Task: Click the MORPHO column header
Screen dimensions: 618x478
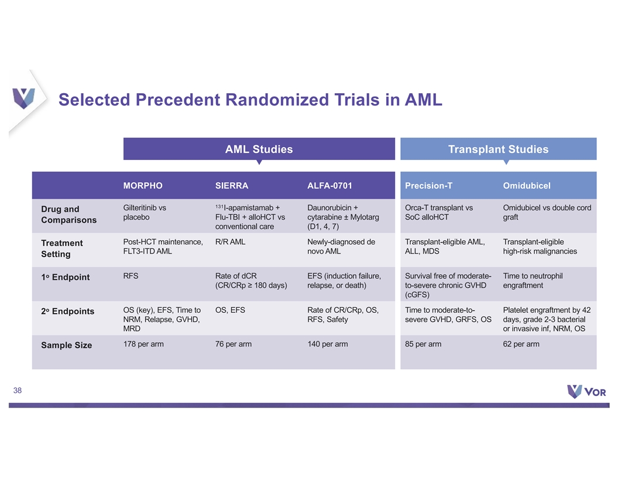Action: click(x=143, y=186)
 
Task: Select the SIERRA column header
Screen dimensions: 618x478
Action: click(x=232, y=186)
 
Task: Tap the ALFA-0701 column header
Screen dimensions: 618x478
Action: click(x=329, y=186)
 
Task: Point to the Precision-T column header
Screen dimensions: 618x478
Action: click(x=428, y=186)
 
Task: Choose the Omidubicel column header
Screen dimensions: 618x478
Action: click(x=527, y=186)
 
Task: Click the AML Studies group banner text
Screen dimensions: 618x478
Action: click(x=259, y=149)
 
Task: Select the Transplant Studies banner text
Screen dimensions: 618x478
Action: click(x=498, y=149)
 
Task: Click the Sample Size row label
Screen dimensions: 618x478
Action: click(x=67, y=345)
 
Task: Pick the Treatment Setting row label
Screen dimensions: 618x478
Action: click(x=62, y=248)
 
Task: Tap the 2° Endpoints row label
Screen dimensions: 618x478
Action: click(x=68, y=311)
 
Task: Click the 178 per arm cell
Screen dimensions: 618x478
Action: click(x=143, y=344)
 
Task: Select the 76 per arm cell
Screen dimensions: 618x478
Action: click(x=234, y=344)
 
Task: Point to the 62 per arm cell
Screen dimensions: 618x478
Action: click(x=521, y=344)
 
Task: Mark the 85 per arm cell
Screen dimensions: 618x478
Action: click(x=423, y=344)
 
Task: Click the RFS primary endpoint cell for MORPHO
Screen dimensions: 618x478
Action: click(x=131, y=276)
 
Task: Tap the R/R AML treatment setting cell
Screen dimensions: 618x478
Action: click(x=230, y=242)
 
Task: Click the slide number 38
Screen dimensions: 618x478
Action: click(x=18, y=391)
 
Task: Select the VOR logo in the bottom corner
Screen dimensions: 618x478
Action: click(x=586, y=391)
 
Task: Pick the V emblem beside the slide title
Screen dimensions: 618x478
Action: click(x=23, y=98)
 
